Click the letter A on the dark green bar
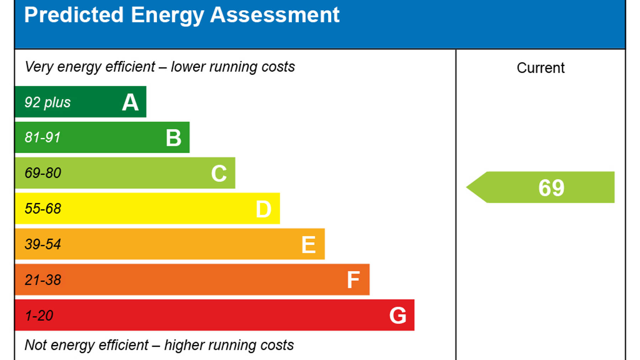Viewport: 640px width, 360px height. coord(130,102)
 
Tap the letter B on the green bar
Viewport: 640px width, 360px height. coord(174,138)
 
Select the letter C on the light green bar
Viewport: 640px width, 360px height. coord(219,174)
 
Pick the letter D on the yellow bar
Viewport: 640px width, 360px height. coord(263,209)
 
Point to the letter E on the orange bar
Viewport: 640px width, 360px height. coord(308,245)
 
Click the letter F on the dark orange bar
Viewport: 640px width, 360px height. coord(353,280)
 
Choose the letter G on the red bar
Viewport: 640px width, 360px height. coord(398,316)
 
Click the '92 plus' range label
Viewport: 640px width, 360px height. coord(48,102)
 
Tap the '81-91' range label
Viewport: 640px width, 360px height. coord(43,138)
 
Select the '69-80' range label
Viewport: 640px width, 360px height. coord(43,173)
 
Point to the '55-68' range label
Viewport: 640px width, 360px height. coord(43,209)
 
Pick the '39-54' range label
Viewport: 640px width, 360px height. coord(43,244)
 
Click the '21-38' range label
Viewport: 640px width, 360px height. coord(43,280)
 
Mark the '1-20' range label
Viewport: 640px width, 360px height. coord(39,316)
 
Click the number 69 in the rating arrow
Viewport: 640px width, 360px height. coord(551,188)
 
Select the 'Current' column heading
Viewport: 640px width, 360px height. coord(540,68)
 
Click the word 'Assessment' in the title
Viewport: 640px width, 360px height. coord(275,15)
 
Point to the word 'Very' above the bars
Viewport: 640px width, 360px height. coord(39,67)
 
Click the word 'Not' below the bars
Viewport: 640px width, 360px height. coord(36,345)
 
